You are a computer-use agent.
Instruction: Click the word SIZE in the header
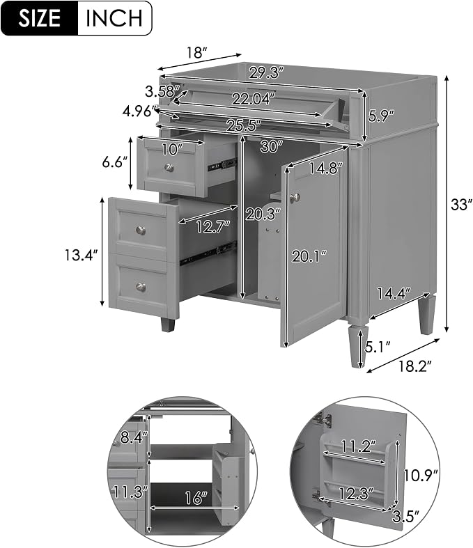[39, 18]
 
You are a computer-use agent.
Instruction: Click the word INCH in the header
[114, 18]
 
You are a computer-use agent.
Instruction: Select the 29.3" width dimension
[265, 73]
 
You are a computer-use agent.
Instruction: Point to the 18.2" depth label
[414, 366]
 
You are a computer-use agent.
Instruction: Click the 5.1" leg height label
[378, 347]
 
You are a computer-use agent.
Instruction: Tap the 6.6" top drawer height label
[114, 162]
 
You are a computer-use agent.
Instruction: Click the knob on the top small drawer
[169, 167]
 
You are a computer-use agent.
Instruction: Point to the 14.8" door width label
[323, 169]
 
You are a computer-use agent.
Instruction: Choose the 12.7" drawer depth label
[212, 227]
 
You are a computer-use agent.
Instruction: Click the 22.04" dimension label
[251, 100]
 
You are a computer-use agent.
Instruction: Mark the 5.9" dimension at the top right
[381, 116]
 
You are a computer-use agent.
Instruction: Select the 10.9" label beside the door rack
[421, 475]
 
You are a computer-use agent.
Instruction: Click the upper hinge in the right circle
[324, 419]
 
